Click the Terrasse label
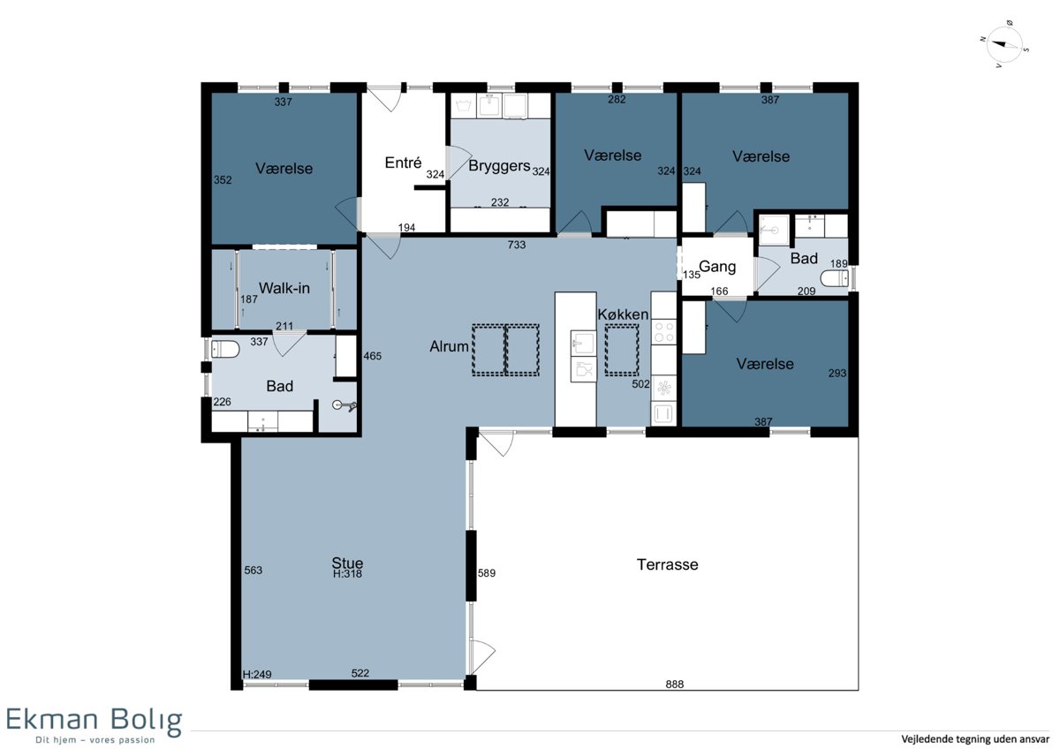click(x=667, y=564)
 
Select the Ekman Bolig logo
click(x=94, y=726)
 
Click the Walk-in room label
click(x=284, y=288)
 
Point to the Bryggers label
click(x=499, y=166)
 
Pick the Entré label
click(x=403, y=163)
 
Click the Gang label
click(x=717, y=267)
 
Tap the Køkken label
click(x=623, y=314)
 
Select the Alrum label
click(x=449, y=347)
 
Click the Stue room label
click(x=347, y=563)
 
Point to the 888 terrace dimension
click(x=674, y=685)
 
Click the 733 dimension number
click(x=516, y=245)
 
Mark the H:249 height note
click(x=257, y=674)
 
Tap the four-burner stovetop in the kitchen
click(x=664, y=332)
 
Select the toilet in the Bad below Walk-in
click(x=225, y=350)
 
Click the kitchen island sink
click(x=582, y=343)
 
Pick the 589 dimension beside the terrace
click(x=487, y=573)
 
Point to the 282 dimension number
click(x=617, y=99)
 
